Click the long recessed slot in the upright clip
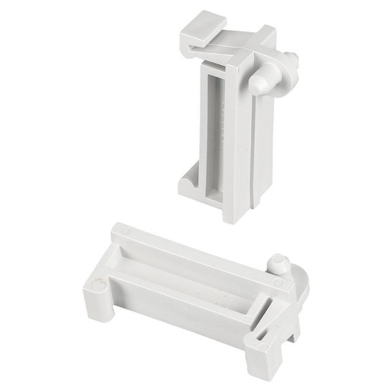pyautogui.click(x=217, y=130)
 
